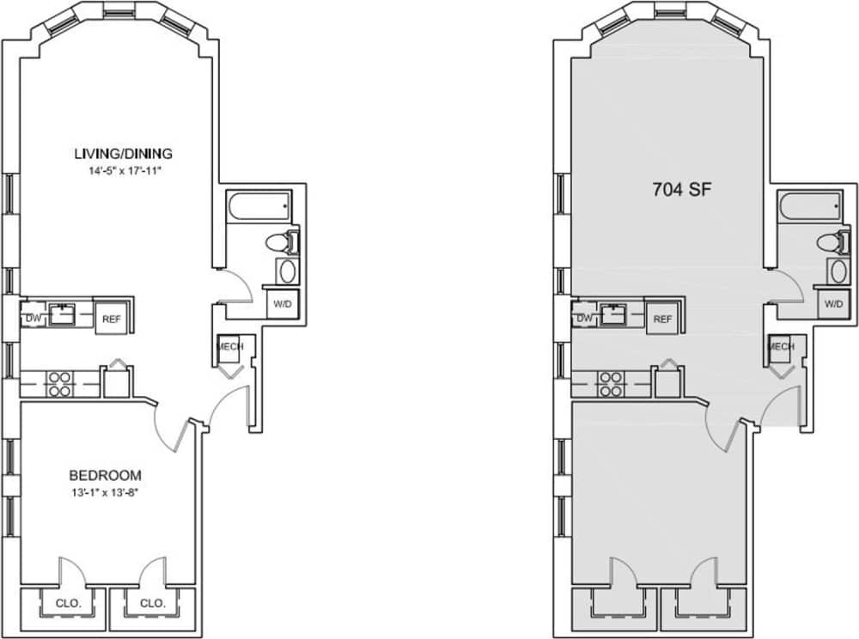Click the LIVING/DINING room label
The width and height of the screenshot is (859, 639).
pos(123,154)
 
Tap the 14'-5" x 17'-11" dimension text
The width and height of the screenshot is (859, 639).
pos(123,170)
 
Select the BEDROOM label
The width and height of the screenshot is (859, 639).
pos(105,475)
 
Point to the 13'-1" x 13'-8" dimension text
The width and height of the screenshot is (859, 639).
pos(105,492)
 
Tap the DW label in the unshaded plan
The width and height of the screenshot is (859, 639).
pos(34,318)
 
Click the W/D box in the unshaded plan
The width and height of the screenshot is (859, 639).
pos(282,304)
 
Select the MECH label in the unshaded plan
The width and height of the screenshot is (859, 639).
pos(230,346)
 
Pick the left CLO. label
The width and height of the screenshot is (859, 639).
pos(69,603)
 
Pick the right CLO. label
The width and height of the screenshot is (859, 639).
pos(151,603)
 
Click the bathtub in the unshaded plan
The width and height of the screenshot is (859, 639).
pos(259,206)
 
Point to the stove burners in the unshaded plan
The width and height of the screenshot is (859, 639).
pos(58,383)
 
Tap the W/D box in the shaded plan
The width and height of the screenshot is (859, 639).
pos(832,304)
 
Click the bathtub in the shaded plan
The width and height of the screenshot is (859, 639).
pos(809,206)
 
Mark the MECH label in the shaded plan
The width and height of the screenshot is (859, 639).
pos(781,346)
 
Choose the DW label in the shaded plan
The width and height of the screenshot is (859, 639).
pos(585,318)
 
